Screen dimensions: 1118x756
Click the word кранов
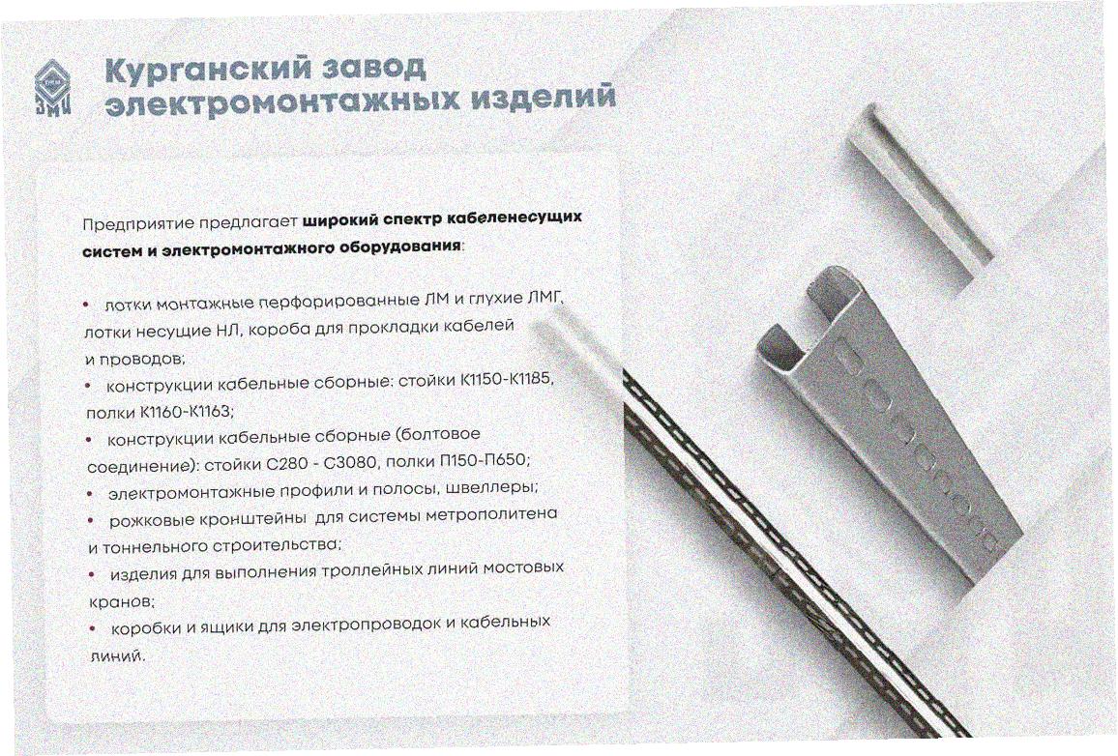121,601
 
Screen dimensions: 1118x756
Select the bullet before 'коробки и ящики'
93,628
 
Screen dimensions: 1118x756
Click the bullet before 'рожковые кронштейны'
91,521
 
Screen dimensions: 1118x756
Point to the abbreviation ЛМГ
545,298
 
